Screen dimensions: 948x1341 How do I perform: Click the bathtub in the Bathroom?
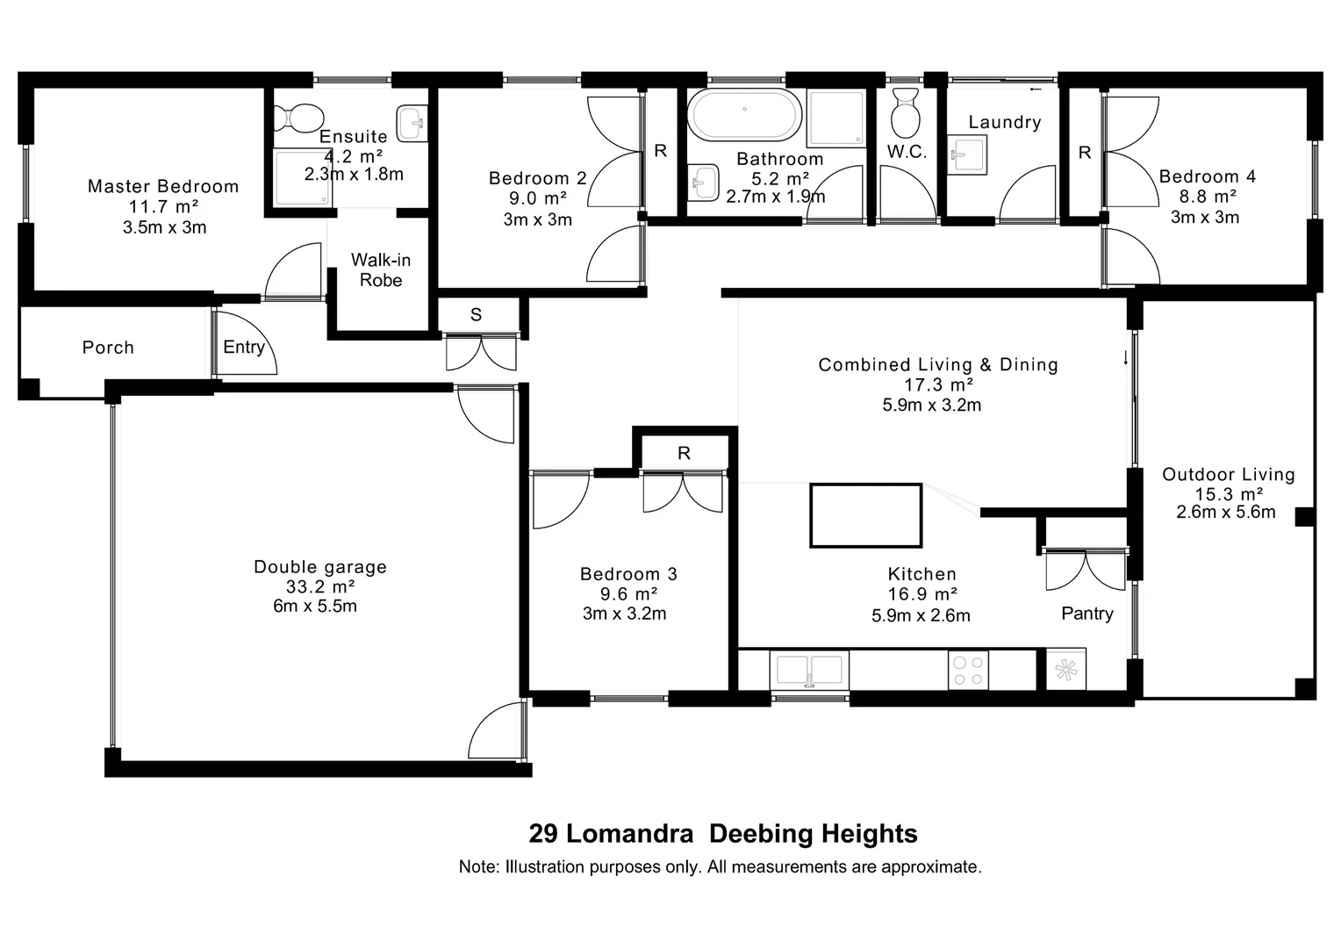tap(744, 115)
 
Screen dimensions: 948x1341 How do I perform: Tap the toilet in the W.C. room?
tap(904, 111)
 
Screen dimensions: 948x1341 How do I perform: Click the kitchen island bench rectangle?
tap(865, 516)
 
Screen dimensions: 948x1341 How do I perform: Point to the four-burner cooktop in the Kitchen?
tap(968, 670)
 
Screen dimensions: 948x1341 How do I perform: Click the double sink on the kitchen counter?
tap(809, 671)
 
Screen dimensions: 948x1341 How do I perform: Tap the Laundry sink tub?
tap(966, 155)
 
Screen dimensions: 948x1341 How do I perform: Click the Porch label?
tap(108, 348)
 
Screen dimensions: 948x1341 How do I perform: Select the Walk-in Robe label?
tap(381, 270)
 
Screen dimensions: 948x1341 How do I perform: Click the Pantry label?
tap(1086, 614)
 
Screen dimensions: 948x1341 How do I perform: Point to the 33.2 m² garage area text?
tap(319, 586)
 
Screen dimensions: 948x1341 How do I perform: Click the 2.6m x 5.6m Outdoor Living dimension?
tap(1225, 512)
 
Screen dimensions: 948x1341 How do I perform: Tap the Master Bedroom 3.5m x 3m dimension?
tap(164, 227)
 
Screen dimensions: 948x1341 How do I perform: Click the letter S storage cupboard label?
tap(476, 314)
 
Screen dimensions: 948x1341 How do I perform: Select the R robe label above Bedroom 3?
tap(684, 453)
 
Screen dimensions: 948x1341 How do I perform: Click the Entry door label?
tap(243, 347)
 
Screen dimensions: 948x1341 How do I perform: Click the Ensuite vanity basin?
tap(411, 124)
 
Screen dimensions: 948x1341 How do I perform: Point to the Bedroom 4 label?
tap(1207, 176)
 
